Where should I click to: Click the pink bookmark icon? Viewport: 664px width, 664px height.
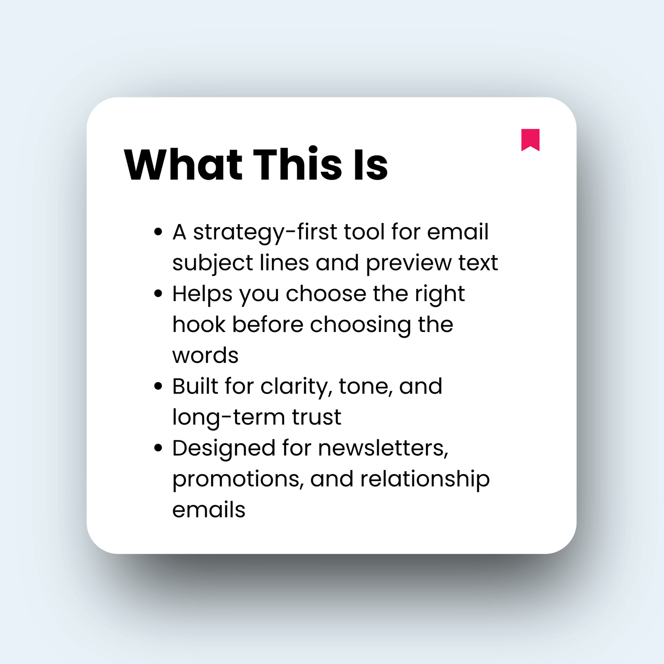[530, 139]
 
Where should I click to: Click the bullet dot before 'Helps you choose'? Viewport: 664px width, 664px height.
[158, 293]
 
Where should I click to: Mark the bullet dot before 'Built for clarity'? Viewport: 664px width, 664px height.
[158, 386]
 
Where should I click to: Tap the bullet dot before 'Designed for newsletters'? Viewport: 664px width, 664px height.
[158, 448]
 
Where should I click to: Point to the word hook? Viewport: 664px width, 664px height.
[199, 324]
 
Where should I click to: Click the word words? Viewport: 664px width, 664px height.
[205, 355]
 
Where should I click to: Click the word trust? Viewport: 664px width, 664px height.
[317, 417]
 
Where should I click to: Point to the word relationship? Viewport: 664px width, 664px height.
[425, 480]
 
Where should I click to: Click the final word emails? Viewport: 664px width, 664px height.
[208, 510]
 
